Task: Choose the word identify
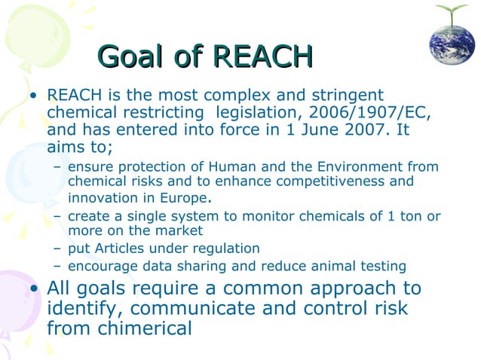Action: [80, 309]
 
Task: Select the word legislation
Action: [259, 112]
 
